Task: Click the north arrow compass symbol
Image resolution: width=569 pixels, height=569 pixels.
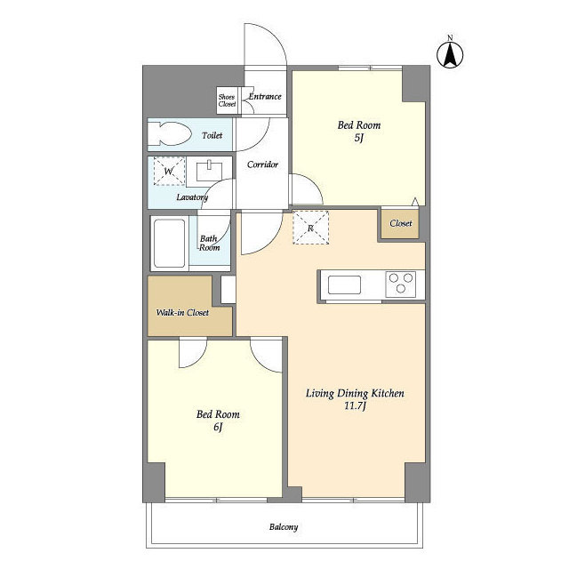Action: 450,55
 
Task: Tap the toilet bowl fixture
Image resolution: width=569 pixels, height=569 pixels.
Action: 170,134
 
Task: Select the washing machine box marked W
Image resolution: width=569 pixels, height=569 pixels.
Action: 169,171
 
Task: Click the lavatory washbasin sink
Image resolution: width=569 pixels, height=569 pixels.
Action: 209,171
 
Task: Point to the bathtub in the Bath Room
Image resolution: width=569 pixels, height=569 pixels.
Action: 170,243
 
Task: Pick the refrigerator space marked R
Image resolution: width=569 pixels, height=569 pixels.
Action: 310,228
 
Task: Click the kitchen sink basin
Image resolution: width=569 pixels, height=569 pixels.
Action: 344,284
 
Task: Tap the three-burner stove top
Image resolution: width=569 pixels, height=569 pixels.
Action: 401,284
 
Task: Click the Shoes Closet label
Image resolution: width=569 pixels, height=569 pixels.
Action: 227,100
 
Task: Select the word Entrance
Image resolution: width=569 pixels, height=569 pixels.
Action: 265,97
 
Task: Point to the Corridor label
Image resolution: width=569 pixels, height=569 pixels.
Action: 262,164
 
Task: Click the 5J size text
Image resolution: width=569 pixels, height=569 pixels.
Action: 359,139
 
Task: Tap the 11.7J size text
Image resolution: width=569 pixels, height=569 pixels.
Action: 355,405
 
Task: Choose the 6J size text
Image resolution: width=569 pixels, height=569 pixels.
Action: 218,427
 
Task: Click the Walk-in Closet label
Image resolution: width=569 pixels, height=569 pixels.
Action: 182,312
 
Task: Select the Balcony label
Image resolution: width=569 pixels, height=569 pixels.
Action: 284,527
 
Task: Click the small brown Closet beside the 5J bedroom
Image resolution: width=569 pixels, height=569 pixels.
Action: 400,223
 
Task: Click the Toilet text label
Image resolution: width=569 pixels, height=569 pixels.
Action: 212,135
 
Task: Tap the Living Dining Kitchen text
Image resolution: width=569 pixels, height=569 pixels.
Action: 355,393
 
